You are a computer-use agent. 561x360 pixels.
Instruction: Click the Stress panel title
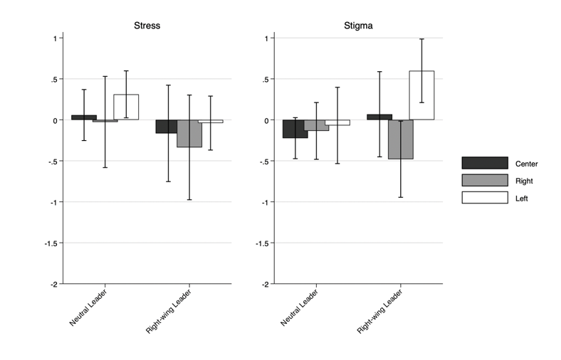[x=147, y=26]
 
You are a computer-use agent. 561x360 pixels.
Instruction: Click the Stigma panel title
[x=359, y=26]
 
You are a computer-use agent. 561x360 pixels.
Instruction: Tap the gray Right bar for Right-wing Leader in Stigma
[x=400, y=139]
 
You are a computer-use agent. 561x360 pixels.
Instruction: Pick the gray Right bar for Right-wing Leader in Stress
[x=189, y=134]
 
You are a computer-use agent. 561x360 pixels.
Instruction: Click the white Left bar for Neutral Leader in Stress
[x=126, y=107]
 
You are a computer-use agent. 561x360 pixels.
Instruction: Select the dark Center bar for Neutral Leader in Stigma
[x=295, y=129]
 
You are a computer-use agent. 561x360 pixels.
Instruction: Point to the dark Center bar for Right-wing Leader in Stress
[x=167, y=127]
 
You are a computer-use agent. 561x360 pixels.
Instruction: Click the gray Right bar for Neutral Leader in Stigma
[x=316, y=125]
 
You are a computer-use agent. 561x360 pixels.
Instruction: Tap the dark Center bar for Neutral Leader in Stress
[x=84, y=117]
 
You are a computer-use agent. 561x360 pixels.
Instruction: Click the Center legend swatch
[x=484, y=163]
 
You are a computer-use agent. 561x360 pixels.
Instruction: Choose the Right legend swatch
[x=484, y=181]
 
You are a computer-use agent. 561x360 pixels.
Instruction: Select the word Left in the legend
[x=522, y=198]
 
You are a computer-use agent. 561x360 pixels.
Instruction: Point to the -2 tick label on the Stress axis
[x=51, y=285]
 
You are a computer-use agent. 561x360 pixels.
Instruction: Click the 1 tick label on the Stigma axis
[x=266, y=38]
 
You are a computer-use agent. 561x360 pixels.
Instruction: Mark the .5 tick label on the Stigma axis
[x=264, y=79]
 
